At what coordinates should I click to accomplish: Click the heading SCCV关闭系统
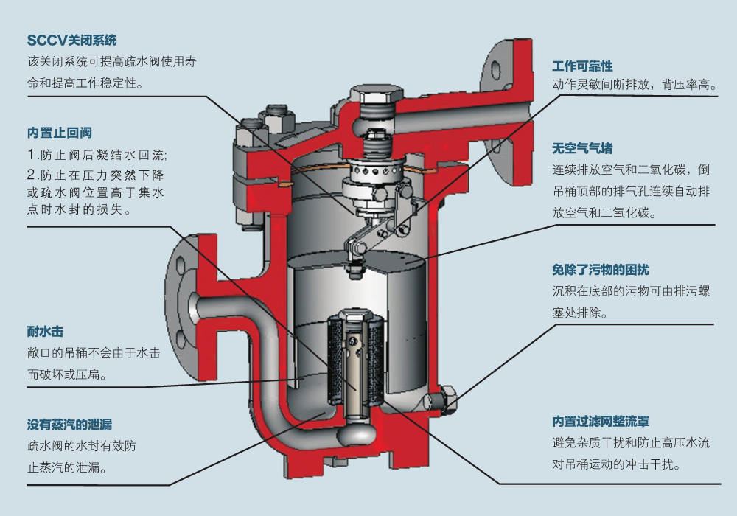pyautogui.click(x=72, y=41)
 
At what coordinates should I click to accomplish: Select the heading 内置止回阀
pyautogui.click(x=59, y=133)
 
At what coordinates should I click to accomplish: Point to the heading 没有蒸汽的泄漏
pyautogui.click(x=69, y=425)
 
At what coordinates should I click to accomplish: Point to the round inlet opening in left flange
pyautogui.click(x=193, y=302)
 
